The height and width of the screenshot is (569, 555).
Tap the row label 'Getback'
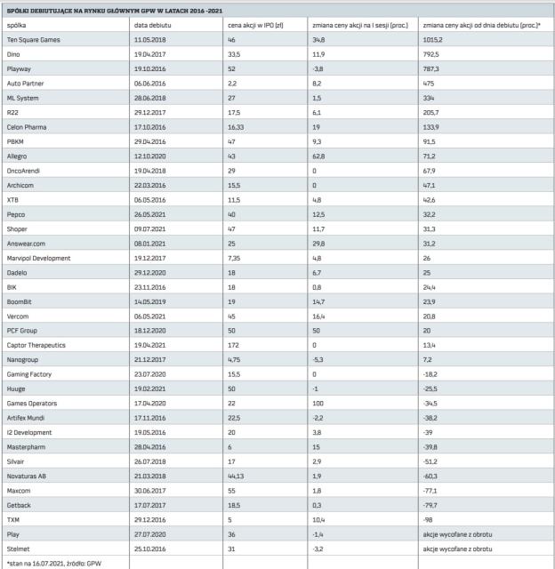(x=19, y=503)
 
